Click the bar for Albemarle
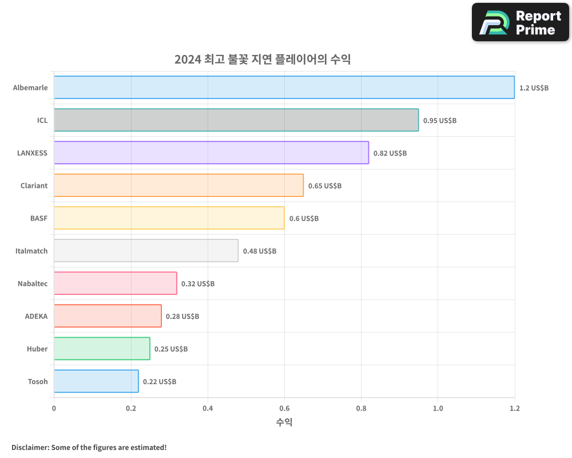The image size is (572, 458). click(x=284, y=88)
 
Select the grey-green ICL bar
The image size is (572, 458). click(x=236, y=120)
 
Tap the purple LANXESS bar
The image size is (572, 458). click(x=211, y=153)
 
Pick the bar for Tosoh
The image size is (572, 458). click(x=96, y=381)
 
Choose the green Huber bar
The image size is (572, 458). click(x=102, y=349)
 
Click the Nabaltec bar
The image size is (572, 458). click(x=116, y=283)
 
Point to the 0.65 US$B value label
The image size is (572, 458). click(x=324, y=186)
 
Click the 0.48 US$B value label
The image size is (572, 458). click(x=259, y=251)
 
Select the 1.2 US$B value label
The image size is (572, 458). click(x=534, y=88)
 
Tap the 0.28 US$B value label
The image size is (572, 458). click(x=182, y=317)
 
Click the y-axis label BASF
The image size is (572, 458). click(x=39, y=218)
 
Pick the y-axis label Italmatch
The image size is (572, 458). click(x=31, y=251)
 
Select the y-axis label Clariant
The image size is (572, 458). click(x=34, y=185)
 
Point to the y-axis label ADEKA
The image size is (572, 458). click(x=36, y=316)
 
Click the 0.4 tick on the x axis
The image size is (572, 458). click(x=208, y=408)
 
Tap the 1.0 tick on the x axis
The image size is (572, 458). click(x=438, y=408)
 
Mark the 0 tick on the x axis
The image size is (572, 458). click(x=54, y=408)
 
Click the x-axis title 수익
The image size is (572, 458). click(x=284, y=423)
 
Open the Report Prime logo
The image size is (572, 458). click(x=520, y=22)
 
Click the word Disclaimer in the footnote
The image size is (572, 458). click(x=29, y=447)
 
